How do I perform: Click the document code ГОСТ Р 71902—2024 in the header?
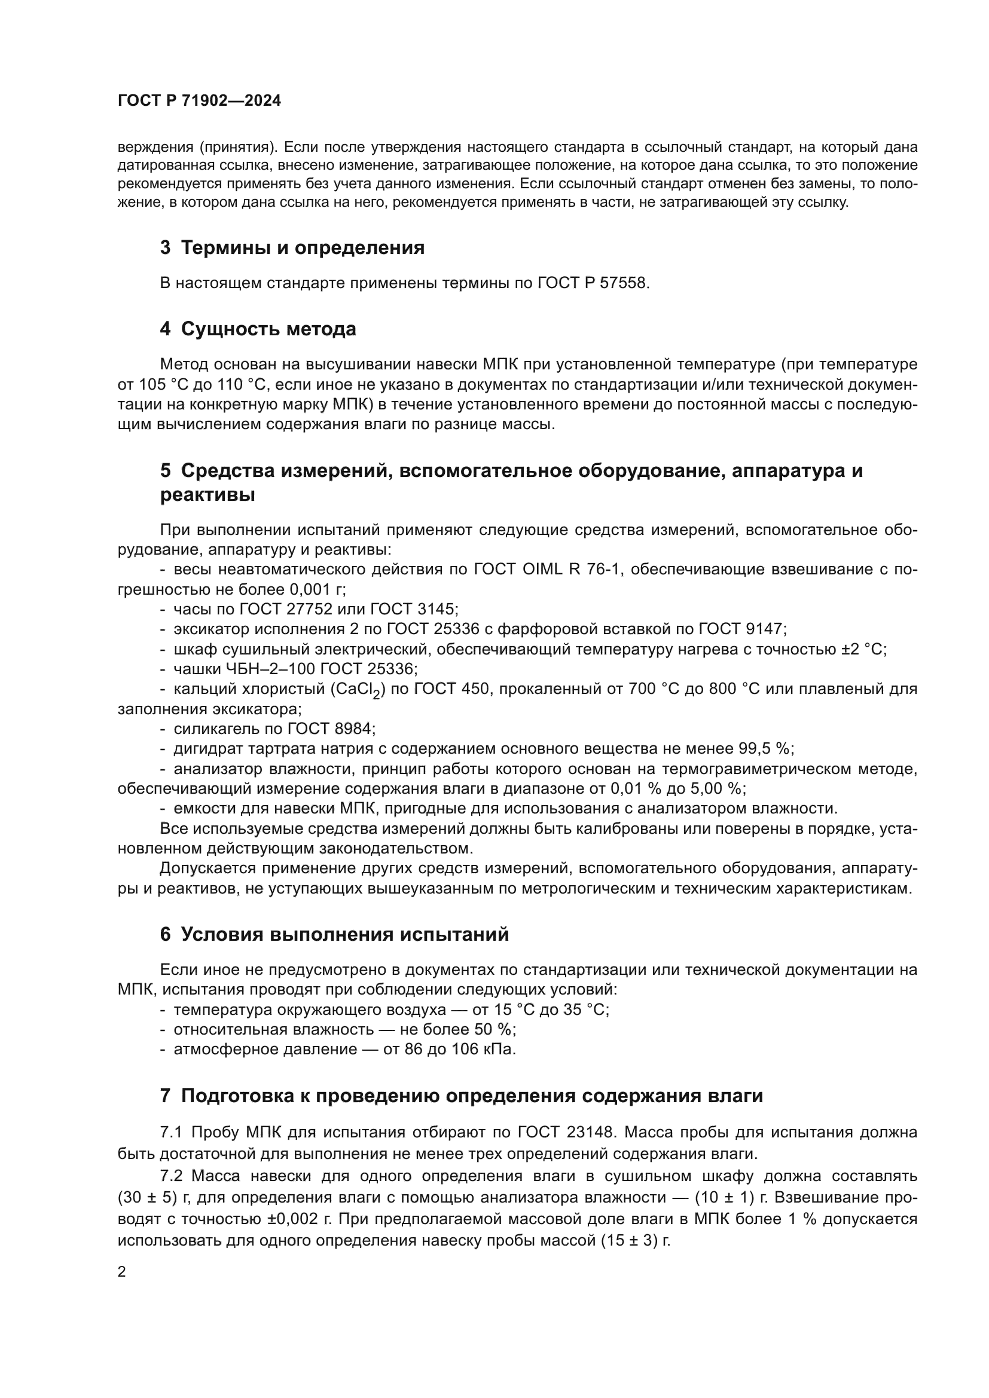click(199, 101)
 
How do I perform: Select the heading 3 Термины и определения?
click(292, 248)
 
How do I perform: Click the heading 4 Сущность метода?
click(258, 329)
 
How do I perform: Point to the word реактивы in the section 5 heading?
click(207, 495)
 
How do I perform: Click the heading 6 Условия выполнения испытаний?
click(334, 935)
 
